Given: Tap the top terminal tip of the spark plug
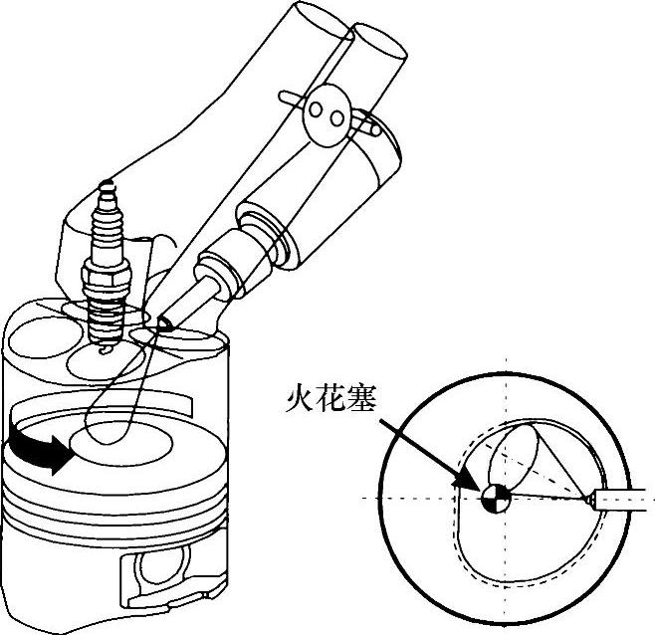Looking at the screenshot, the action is point(108,185).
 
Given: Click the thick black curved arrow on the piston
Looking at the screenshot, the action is point(39,448).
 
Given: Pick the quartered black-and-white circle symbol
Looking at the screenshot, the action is point(496,498).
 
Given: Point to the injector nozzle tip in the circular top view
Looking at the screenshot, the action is point(589,499).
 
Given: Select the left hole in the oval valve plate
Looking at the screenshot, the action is point(316,109).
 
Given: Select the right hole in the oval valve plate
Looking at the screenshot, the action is point(336,119).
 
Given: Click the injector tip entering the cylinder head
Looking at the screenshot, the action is point(165,323).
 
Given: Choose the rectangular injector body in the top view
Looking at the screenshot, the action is point(625,500).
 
